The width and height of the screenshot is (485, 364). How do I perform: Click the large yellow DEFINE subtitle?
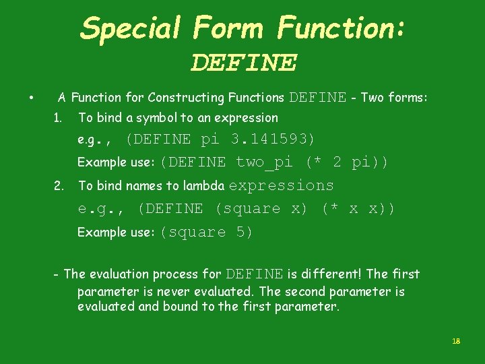point(243,63)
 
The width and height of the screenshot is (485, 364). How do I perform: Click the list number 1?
point(57,118)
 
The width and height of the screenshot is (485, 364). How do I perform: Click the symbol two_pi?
point(264,162)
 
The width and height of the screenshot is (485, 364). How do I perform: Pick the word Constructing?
point(182,98)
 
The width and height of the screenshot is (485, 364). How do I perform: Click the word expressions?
point(282,185)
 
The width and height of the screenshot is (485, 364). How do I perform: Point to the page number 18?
point(455,342)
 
